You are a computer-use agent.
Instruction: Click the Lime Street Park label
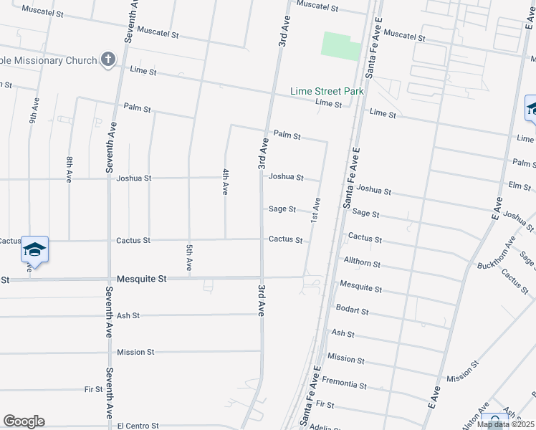pyautogui.click(x=327, y=91)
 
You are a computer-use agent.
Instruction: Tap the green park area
pyautogui.click(x=341, y=46)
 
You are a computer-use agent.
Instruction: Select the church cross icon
pyautogui.click(x=108, y=59)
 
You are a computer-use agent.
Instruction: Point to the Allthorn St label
pyautogui.click(x=362, y=263)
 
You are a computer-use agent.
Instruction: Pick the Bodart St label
pyautogui.click(x=352, y=310)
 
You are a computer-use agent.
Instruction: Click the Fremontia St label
pyautogui.click(x=344, y=384)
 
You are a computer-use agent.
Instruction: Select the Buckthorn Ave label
pyautogui.click(x=496, y=252)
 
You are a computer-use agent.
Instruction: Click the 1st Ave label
pyautogui.click(x=315, y=209)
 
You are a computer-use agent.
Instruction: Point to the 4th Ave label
pyautogui.click(x=225, y=182)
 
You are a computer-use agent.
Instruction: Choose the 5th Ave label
pyautogui.click(x=188, y=257)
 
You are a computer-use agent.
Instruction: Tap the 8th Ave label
pyautogui.click(x=70, y=169)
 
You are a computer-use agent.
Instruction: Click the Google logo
pyautogui.click(x=24, y=421)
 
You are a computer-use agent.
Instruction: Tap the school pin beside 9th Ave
pyautogui.click(x=34, y=250)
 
